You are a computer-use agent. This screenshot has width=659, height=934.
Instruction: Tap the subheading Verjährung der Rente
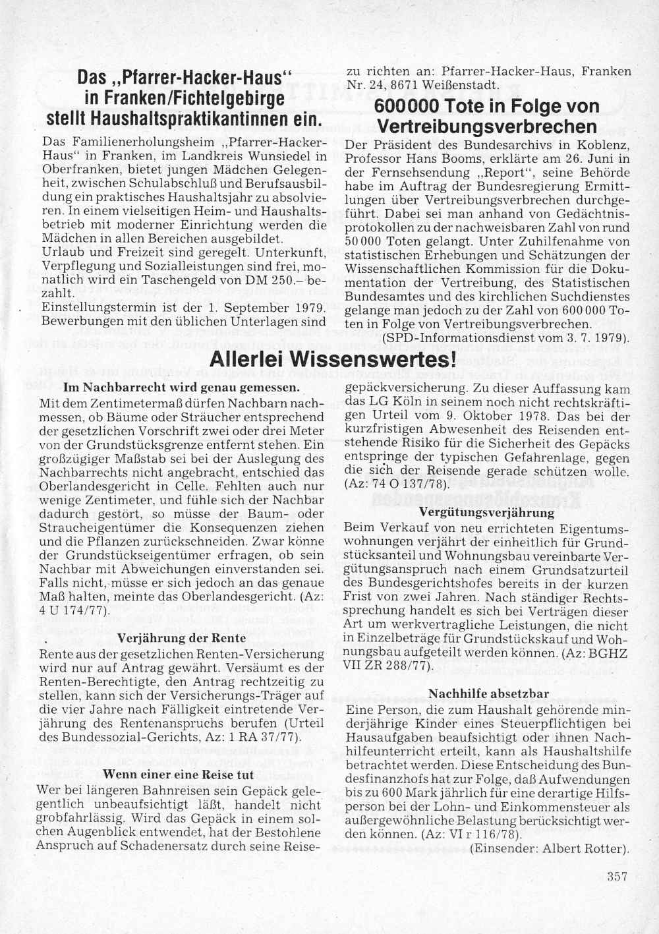tap(181, 638)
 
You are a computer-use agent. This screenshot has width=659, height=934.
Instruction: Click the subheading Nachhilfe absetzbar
tap(489, 693)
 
